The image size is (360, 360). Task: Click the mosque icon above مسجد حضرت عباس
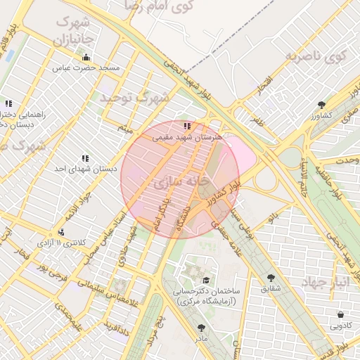pyautogui.click(x=86, y=58)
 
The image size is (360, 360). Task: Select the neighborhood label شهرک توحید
pyautogui.click(x=134, y=98)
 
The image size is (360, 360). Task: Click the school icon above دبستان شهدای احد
pyautogui.click(x=85, y=159)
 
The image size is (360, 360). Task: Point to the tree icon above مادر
pyautogui.click(x=202, y=327)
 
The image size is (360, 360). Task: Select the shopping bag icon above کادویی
pyautogui.click(x=341, y=314)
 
